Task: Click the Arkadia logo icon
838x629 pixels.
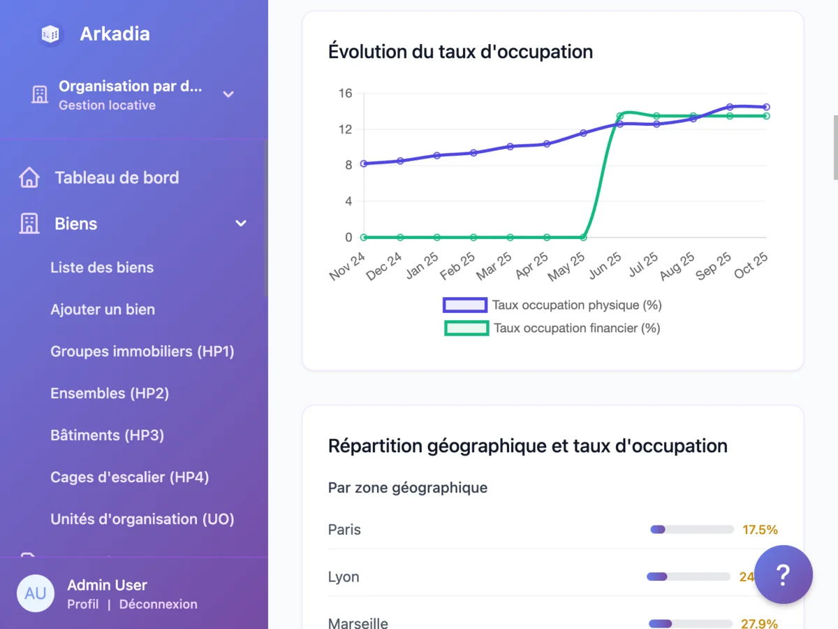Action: [50, 34]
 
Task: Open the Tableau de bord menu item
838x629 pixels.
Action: [117, 178]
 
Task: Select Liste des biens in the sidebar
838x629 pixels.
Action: [102, 268]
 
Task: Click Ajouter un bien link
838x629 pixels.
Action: [103, 310]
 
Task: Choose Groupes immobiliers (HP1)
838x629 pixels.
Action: [142, 352]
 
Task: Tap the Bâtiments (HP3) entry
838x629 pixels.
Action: [108, 435]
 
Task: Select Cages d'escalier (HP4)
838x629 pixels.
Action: [130, 477]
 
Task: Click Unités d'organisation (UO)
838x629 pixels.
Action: [142, 519]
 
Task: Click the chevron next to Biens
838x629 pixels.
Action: [241, 224]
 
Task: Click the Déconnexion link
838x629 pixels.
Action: [159, 605]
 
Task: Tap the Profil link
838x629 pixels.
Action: [83, 605]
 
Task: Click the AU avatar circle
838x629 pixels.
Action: [36, 593]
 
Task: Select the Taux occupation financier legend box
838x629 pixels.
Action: [466, 328]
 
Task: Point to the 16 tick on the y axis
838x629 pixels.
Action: [345, 94]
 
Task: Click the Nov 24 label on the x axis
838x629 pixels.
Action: [348, 266]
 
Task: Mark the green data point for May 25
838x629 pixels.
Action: [584, 238]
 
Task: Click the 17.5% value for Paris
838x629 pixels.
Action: [760, 530]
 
